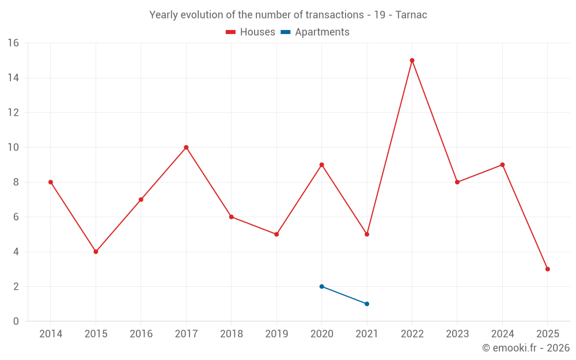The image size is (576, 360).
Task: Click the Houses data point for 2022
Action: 412,60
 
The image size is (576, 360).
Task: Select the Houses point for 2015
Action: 96,252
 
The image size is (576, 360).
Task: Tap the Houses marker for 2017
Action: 186,147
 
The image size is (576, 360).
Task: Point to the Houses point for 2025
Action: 547,269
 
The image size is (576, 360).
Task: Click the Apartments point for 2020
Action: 321,286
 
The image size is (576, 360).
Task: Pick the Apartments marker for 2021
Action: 367,304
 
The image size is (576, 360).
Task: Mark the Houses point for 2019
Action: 276,234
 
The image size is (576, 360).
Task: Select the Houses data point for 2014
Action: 51,182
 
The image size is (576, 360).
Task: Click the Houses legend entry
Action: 251,32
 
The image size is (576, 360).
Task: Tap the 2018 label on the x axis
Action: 231,334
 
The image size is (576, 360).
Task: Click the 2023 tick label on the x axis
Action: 457,334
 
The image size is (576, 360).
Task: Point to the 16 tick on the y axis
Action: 13,43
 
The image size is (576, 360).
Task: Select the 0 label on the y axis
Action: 16,321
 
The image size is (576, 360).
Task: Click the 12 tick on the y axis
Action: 13,113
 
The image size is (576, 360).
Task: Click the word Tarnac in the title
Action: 411,15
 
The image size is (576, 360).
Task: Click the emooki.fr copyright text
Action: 525,348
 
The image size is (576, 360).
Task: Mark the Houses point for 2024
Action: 502,165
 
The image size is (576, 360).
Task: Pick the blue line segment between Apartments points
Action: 344,295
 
